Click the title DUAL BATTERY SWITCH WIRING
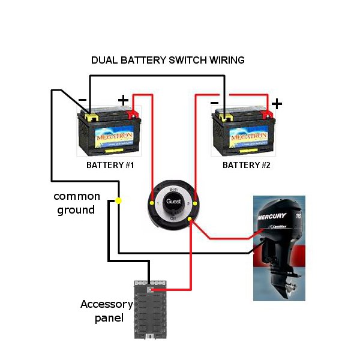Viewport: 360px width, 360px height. coord(167,61)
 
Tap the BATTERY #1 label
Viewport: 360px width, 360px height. coord(110,164)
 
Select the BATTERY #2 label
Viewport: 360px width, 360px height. coord(246,164)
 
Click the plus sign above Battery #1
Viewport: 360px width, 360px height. coord(122,100)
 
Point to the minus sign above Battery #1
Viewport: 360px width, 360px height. coord(82,100)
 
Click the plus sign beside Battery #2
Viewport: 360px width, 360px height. coord(276,104)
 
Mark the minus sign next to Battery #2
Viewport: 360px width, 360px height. coord(215,103)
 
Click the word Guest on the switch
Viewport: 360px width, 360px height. coord(173,202)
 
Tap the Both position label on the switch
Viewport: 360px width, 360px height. coord(173,188)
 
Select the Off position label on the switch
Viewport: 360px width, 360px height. coord(173,218)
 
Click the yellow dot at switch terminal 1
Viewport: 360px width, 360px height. coord(152,204)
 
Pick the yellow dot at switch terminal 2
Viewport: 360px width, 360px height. coord(195,204)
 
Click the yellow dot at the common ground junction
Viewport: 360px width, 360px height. coord(119,200)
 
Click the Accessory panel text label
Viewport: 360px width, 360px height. coord(106,311)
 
